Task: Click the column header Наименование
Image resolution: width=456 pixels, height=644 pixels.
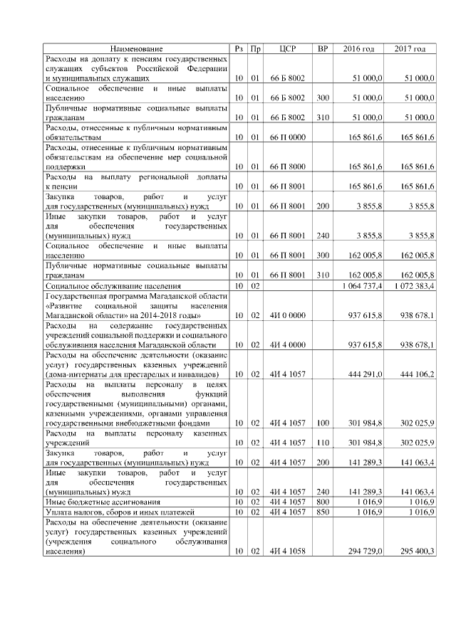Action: pyautogui.click(x=137, y=48)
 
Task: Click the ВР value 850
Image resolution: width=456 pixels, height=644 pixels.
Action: pyautogui.click(x=322, y=512)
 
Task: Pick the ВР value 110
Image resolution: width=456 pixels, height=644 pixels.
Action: pyautogui.click(x=322, y=442)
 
